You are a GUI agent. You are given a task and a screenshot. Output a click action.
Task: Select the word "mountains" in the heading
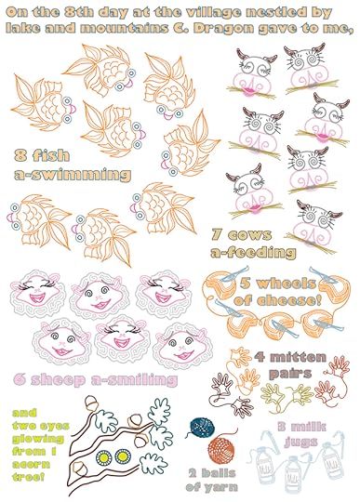click(124, 28)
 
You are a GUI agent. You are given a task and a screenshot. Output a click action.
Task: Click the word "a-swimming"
click(73, 175)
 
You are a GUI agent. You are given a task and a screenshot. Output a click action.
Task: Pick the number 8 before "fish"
click(20, 155)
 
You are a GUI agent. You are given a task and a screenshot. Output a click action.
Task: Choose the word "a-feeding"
click(253, 252)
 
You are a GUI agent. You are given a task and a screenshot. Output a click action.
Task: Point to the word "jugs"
click(301, 442)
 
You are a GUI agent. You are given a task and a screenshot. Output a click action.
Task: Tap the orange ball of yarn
click(221, 451)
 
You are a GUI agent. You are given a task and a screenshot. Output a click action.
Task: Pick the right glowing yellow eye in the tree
click(123, 456)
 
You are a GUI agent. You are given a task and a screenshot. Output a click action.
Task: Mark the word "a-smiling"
click(134, 379)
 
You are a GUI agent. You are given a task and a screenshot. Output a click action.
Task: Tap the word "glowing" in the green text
click(38, 439)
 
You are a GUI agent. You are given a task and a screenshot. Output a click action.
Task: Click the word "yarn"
click(220, 488)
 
